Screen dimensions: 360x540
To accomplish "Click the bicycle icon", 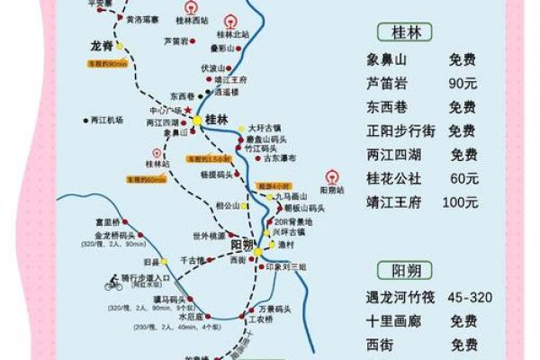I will pyautogui.click(x=113, y=283).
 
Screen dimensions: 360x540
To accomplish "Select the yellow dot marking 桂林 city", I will pyautogui.click(x=197, y=120).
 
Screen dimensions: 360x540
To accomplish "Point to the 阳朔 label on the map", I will pyautogui.click(x=242, y=244).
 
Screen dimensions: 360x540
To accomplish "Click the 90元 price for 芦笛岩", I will pyautogui.click(x=463, y=84).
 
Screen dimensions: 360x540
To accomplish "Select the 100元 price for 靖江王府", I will pyautogui.click(x=461, y=202).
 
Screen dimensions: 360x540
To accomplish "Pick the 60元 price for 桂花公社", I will pyautogui.click(x=463, y=178).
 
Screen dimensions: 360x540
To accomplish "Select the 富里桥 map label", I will pyautogui.click(x=107, y=220).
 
